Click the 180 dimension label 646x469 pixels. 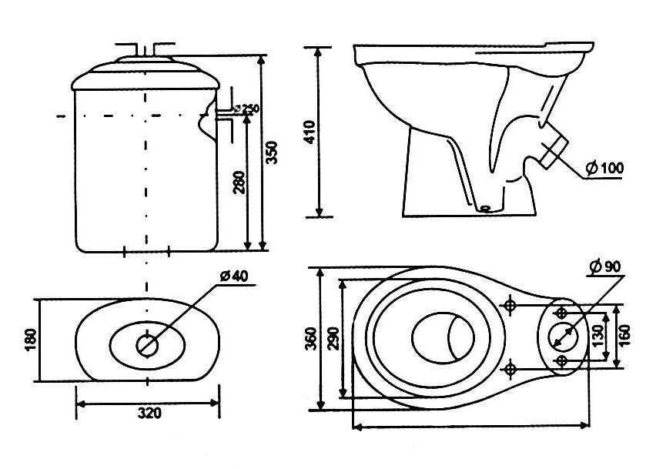(29, 339)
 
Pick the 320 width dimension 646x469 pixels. (149, 413)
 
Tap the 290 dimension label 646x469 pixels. (332, 337)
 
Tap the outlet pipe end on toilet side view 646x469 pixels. (557, 153)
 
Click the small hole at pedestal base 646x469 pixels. (484, 207)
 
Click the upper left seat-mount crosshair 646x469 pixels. (509, 305)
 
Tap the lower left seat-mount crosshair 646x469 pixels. (509, 369)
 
